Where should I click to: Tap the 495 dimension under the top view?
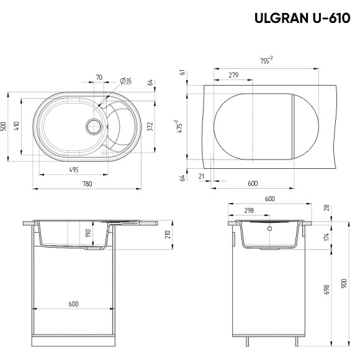[x=73, y=169]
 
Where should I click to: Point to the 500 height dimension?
[x=4, y=127]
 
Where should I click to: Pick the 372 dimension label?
[x=150, y=127]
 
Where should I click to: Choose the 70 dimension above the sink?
[x=99, y=78]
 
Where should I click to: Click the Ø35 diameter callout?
[x=124, y=81]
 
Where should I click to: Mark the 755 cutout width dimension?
[x=266, y=60]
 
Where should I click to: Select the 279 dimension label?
[x=233, y=75]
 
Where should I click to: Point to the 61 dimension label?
[x=183, y=73]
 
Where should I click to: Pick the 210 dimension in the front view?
[x=168, y=234]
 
